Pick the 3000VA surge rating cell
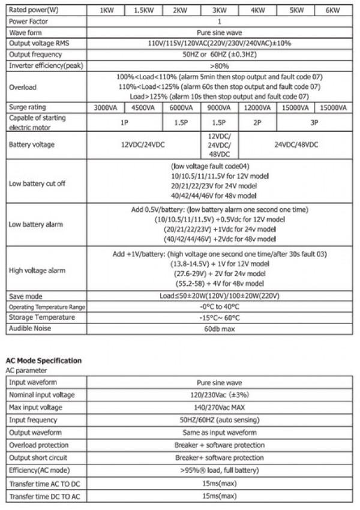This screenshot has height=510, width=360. coord(106,108)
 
